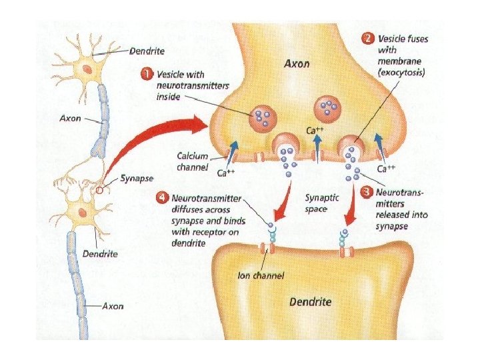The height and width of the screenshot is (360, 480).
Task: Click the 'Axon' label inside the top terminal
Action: point(296,65)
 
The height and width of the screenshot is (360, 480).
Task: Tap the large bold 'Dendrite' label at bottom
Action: point(310,301)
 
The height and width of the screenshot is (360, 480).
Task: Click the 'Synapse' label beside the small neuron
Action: point(137,179)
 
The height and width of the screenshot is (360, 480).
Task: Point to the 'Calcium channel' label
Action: point(193,161)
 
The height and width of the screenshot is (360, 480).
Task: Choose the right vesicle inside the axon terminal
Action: point(328,107)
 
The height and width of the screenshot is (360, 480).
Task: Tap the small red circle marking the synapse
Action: point(100,189)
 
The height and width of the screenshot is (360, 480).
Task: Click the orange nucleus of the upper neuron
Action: point(87,69)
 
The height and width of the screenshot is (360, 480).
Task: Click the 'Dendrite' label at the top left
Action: point(147,51)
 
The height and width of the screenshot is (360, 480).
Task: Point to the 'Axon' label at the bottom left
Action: point(112,307)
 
